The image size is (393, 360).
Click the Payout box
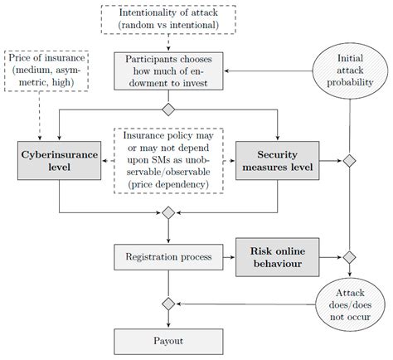click(168, 341)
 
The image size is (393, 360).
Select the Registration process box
click(168, 258)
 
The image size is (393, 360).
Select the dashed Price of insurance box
click(41, 72)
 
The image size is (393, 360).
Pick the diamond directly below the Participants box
click(168, 109)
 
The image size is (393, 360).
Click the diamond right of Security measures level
click(349, 160)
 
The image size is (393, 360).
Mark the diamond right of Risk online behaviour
click(349, 258)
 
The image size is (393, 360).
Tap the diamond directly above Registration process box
click(168, 213)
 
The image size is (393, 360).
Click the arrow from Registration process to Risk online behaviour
click(229, 258)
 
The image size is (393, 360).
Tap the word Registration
click(152, 258)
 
